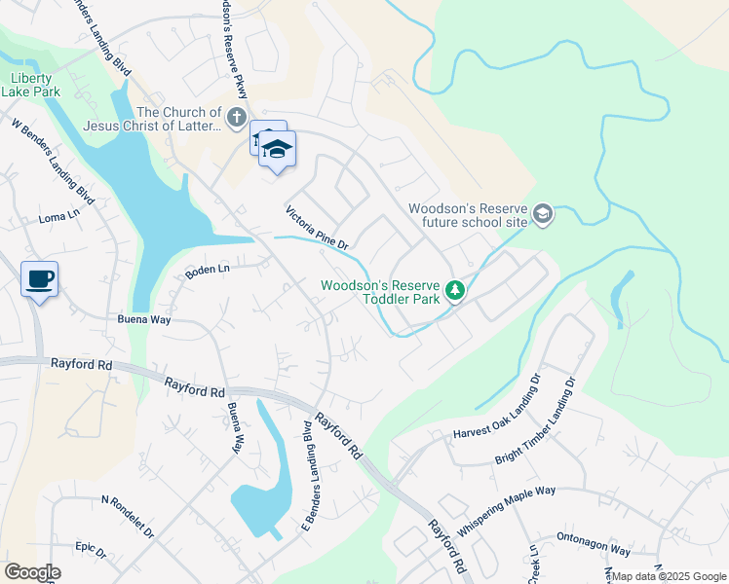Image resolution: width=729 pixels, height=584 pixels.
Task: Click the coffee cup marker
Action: tap(39, 280)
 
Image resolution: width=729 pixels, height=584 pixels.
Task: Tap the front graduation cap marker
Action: tap(278, 150)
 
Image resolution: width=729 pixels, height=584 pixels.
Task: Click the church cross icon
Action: tap(236, 119)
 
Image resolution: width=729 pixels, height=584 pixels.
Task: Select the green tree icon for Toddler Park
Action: tap(454, 290)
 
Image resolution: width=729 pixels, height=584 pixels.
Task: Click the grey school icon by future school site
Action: tap(543, 214)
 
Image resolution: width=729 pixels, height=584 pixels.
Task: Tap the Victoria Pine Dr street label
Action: tap(317, 228)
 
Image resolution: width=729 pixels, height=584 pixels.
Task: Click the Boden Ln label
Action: tap(208, 271)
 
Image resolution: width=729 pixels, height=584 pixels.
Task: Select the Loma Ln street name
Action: tap(58, 216)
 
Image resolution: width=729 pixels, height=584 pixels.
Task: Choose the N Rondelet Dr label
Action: tap(128, 516)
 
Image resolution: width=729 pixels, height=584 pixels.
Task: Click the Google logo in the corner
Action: tap(32, 572)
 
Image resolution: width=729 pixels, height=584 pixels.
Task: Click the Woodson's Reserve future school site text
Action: tap(468, 215)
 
